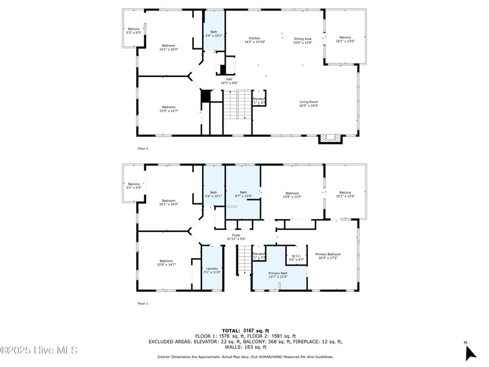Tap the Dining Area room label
(303, 40)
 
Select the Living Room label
(309, 104)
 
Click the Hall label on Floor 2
(229, 81)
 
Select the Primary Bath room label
(278, 275)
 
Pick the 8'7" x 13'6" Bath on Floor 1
(243, 195)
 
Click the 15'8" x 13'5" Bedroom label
(292, 195)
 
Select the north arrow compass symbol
(470, 352)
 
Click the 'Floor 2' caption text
(143, 149)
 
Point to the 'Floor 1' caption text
(143, 304)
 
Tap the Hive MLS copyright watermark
(39, 350)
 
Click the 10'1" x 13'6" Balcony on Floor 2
(345, 39)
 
